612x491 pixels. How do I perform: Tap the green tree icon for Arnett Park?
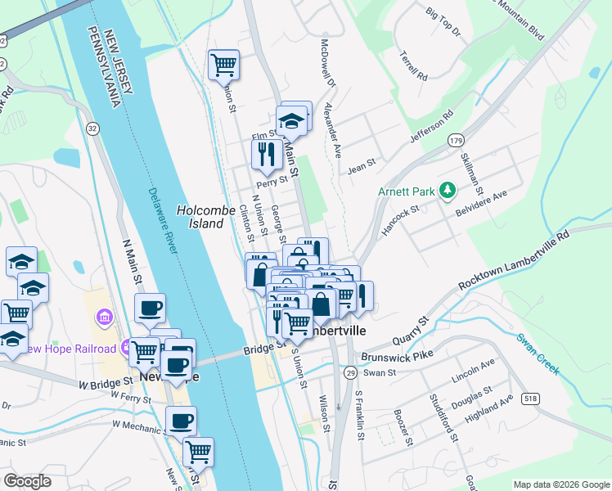pyautogui.click(x=447, y=191)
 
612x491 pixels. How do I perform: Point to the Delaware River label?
pyautogui.click(x=163, y=222)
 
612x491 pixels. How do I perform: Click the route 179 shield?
pyautogui.click(x=457, y=141)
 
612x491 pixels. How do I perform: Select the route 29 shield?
pyautogui.click(x=349, y=373)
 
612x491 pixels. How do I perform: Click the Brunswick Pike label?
pyautogui.click(x=392, y=358)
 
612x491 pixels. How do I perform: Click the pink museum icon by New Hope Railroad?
pyautogui.click(x=105, y=316)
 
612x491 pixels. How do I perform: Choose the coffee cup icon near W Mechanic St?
pyautogui.click(x=181, y=421)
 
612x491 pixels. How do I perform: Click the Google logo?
pyautogui.click(x=27, y=480)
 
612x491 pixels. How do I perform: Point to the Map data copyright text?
pyautogui.click(x=560, y=484)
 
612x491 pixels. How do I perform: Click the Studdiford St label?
pyautogui.click(x=443, y=416)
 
